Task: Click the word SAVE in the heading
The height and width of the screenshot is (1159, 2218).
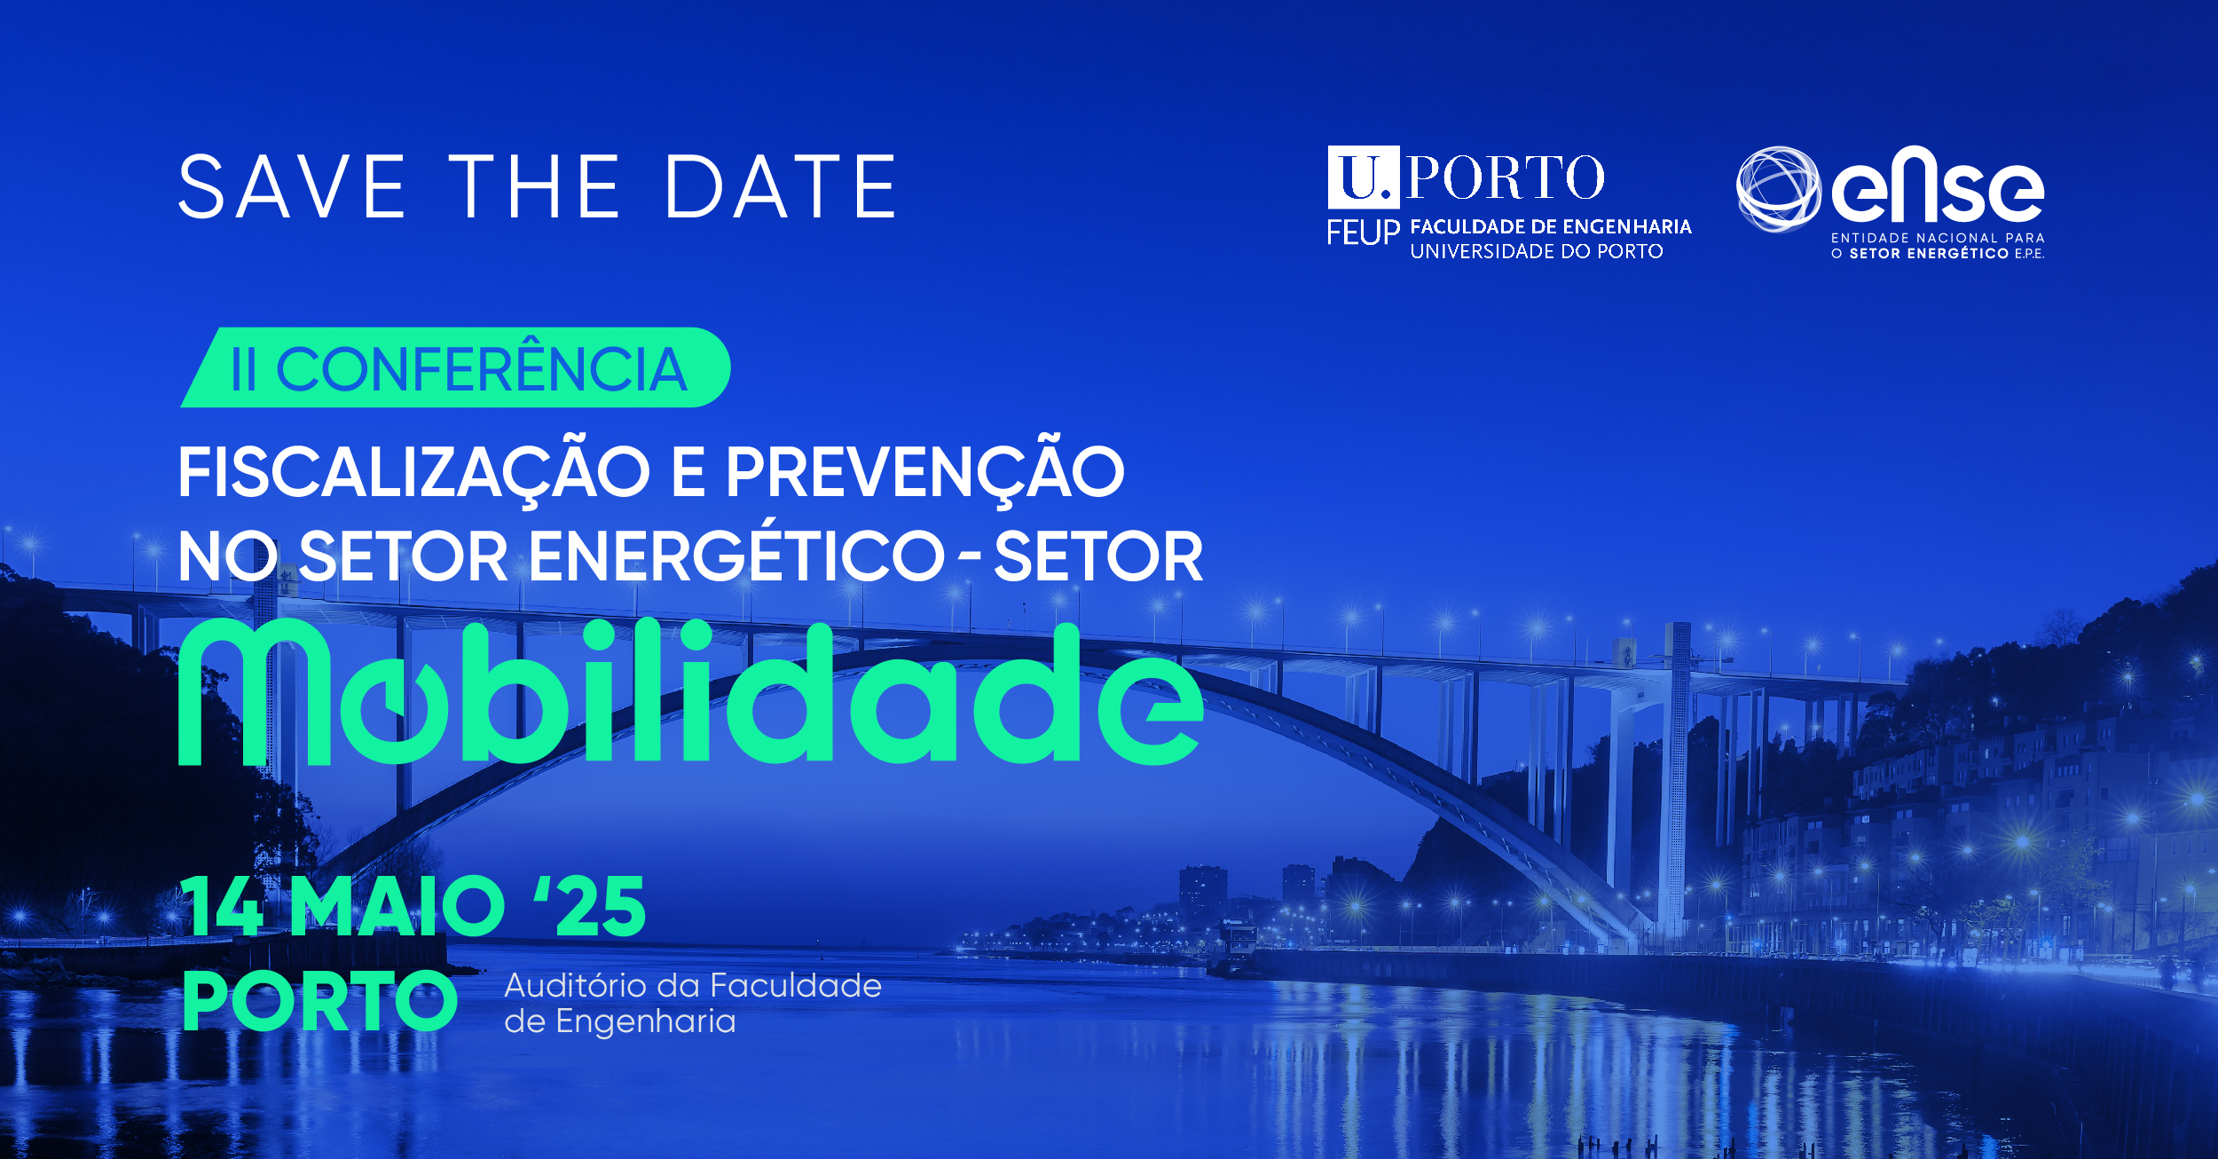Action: click(x=292, y=186)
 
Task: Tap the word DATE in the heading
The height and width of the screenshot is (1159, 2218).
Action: click(x=781, y=186)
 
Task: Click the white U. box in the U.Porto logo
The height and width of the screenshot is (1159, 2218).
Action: click(x=1364, y=177)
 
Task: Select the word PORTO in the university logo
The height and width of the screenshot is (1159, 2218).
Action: click(x=1506, y=177)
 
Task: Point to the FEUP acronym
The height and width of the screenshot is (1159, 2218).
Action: click(x=1363, y=233)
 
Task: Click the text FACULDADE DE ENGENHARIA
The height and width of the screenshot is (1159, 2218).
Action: click(x=1551, y=227)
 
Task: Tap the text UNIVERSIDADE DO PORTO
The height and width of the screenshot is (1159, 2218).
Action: click(x=1537, y=252)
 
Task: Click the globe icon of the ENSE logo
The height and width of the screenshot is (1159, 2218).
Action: click(x=1777, y=189)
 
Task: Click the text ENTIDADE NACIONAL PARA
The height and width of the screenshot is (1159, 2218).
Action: click(x=1938, y=238)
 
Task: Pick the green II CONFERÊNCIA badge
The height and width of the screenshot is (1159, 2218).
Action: click(x=455, y=367)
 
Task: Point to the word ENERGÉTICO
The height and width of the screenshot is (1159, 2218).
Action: click(x=737, y=556)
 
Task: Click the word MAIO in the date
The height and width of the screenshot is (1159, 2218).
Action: click(x=397, y=906)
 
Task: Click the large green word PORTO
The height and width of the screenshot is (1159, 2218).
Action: click(x=319, y=1001)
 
